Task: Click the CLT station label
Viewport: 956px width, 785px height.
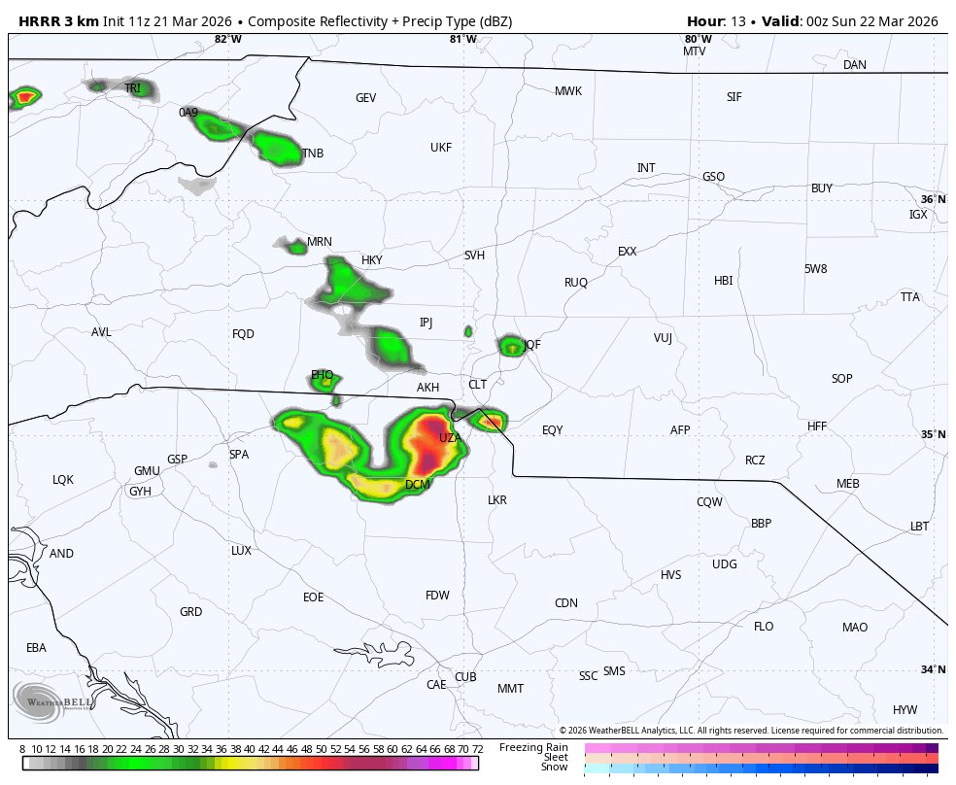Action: point(477,385)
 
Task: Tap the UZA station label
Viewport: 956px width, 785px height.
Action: point(449,438)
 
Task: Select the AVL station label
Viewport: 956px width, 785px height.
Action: point(101,332)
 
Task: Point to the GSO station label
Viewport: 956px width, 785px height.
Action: point(713,177)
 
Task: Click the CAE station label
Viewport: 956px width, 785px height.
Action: point(436,685)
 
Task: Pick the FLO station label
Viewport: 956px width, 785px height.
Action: point(764,627)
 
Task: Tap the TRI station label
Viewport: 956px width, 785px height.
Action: point(132,88)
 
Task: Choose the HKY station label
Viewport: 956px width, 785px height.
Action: point(371,260)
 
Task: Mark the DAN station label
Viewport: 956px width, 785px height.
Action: point(854,65)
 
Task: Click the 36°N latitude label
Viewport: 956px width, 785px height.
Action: point(933,199)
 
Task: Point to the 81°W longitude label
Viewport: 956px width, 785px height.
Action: point(462,39)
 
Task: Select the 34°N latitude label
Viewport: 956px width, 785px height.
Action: point(933,669)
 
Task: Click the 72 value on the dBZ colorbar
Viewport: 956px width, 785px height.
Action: point(477,749)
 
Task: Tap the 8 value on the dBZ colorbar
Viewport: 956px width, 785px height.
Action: point(22,749)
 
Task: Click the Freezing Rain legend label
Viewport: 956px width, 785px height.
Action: point(533,747)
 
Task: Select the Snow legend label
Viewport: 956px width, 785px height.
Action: point(555,768)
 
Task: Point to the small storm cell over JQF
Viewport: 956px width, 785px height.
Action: point(510,345)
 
